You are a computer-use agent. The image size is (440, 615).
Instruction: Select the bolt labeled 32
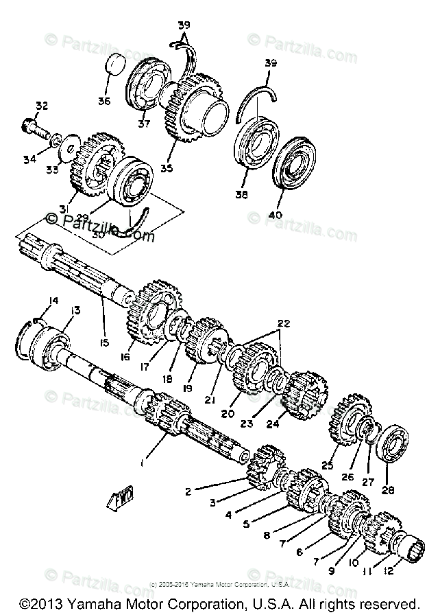[34, 128]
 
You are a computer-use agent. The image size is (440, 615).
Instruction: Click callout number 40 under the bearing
[275, 215]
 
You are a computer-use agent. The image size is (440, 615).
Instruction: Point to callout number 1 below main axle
[142, 464]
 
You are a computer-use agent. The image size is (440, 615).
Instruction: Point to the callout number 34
[28, 159]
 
